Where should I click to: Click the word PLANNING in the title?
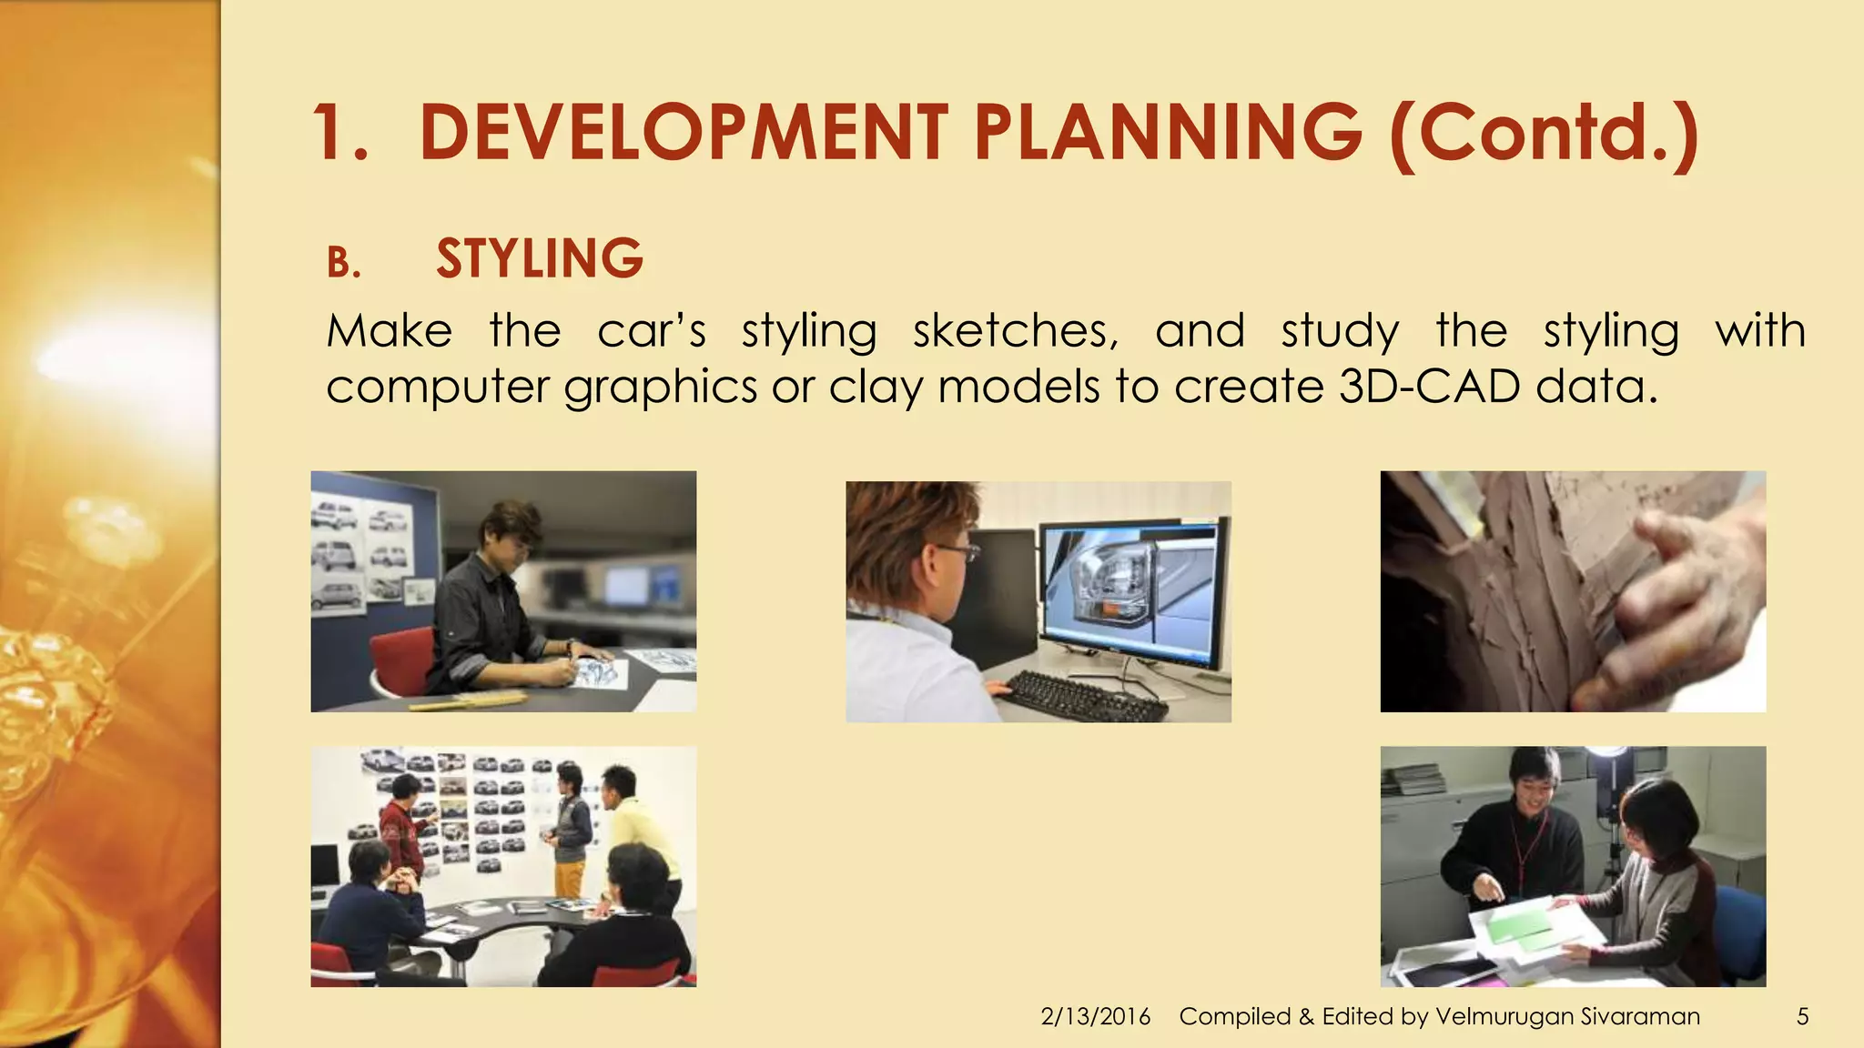(x=1168, y=133)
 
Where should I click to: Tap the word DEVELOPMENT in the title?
(x=684, y=133)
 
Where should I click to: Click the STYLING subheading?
(x=540, y=258)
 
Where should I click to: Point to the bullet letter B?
(x=343, y=264)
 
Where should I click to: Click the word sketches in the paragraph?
(x=1015, y=330)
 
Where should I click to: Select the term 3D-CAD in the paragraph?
(x=1429, y=386)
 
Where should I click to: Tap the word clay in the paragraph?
(x=875, y=388)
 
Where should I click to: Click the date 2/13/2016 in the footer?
(x=1095, y=1016)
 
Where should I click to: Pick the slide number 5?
(x=1802, y=1016)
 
